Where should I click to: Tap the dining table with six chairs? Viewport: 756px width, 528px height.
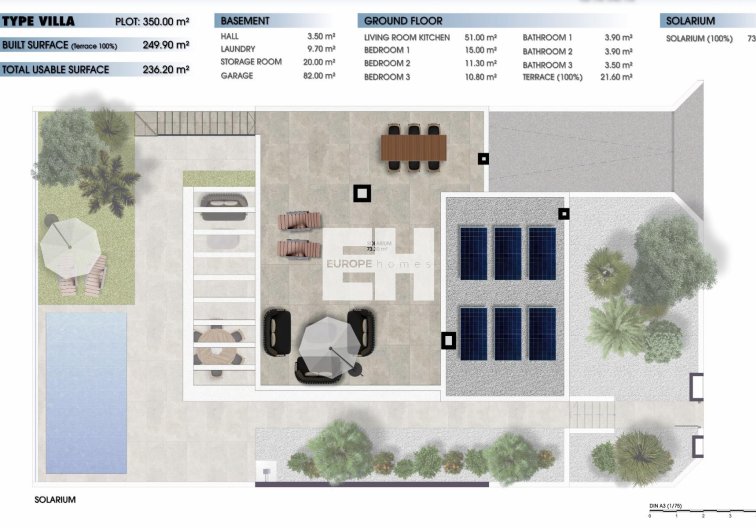point(412,148)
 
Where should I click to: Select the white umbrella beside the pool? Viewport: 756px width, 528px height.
point(71,237)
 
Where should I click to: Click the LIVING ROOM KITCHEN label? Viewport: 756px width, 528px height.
point(406,37)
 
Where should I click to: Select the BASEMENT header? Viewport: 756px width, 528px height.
point(245,21)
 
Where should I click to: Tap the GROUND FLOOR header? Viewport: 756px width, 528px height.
point(403,21)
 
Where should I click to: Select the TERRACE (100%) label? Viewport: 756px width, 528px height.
point(552,76)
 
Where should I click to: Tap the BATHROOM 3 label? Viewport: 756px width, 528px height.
point(547,63)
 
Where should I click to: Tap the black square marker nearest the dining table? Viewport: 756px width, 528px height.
point(483,158)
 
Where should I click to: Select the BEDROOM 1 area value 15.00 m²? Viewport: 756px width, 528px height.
point(480,50)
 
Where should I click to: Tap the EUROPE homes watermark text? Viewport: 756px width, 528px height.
point(377,264)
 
